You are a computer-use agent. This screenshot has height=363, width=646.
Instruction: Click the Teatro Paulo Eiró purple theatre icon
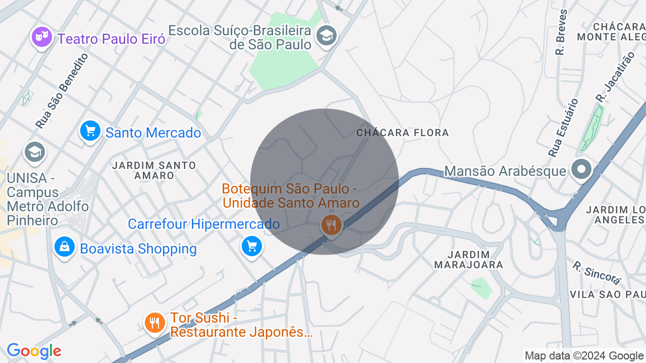(42, 37)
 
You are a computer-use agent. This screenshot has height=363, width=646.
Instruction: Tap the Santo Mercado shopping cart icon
(90, 131)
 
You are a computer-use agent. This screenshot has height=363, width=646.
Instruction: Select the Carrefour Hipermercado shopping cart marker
(252, 247)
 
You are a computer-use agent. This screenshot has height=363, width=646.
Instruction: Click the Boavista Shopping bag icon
(65, 247)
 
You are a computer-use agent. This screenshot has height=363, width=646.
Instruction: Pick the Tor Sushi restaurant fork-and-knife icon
(154, 323)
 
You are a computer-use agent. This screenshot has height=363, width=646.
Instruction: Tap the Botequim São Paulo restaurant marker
(331, 225)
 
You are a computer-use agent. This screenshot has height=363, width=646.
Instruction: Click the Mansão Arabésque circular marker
(581, 169)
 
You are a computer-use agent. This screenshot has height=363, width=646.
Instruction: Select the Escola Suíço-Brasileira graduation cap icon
(326, 35)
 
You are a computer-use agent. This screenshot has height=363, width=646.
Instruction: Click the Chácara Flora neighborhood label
(402, 133)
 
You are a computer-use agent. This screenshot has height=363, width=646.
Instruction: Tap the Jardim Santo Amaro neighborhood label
(154, 170)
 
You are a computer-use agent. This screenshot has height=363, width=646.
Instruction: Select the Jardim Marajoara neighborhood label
(469, 260)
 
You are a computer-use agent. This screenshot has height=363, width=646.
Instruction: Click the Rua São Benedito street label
(62, 91)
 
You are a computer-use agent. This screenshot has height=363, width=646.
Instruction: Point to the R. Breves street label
(561, 32)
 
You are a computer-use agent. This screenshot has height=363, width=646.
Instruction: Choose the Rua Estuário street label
(563, 128)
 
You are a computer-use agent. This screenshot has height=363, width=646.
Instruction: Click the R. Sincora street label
(597, 272)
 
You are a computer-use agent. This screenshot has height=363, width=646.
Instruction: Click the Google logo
(34, 351)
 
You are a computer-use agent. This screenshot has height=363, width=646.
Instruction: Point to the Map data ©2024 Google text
(584, 355)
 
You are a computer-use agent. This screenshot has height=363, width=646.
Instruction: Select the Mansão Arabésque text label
(505, 171)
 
